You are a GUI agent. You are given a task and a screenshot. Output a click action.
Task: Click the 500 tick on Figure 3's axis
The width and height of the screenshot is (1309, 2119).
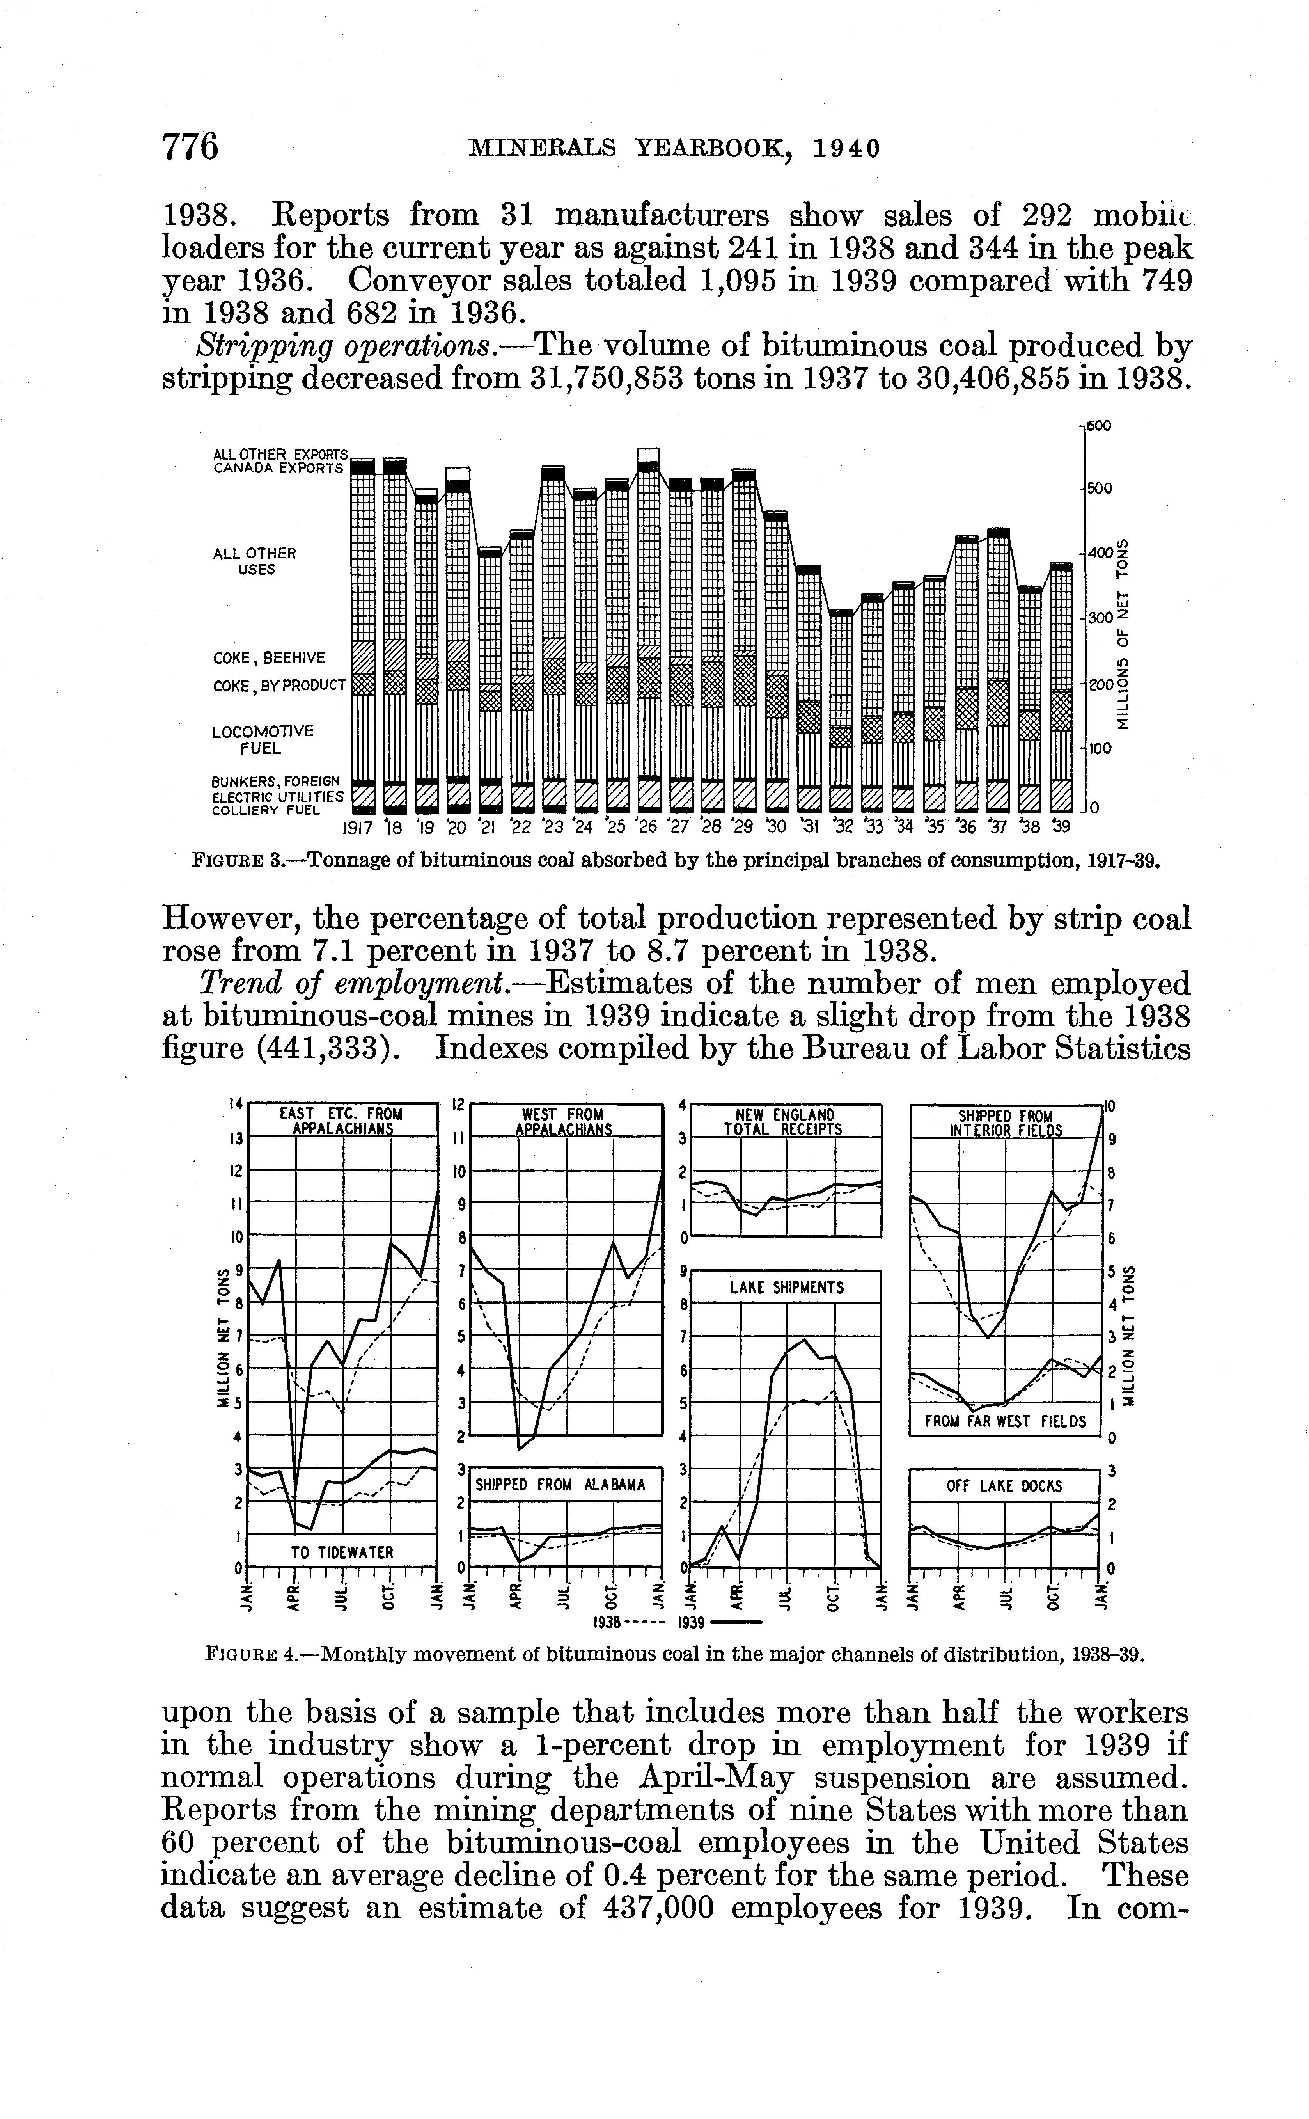pos(1100,488)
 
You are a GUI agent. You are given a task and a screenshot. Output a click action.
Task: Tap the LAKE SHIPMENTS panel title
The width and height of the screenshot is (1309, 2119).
pos(786,1288)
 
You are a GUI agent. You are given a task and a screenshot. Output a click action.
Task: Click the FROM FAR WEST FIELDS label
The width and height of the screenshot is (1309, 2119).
pos(1004,1421)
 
